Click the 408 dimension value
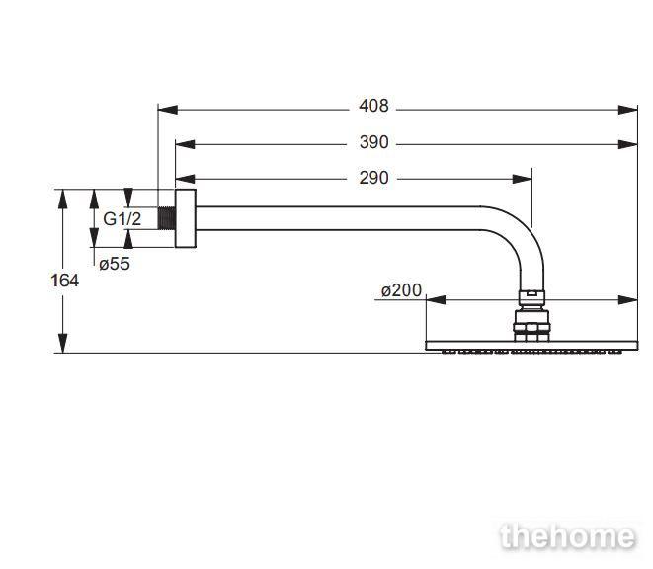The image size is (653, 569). tap(373, 106)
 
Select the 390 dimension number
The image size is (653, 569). tap(374, 142)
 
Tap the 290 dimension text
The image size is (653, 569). tap(374, 178)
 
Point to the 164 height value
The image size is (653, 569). tap(65, 281)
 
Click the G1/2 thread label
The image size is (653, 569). tap(122, 219)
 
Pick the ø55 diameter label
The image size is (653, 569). tap(115, 264)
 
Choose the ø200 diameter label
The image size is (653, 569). tap(401, 290)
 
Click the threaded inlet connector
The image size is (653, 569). tap(167, 218)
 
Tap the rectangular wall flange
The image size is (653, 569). tap(186, 218)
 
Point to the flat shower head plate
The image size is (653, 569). tap(531, 346)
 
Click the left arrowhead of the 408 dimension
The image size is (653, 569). tap(168, 110)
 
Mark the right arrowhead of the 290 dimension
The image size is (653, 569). tap(523, 179)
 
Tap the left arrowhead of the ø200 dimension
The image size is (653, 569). tap(436, 299)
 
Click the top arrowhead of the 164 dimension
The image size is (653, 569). tap(63, 199)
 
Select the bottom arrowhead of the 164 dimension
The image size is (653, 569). tap(63, 343)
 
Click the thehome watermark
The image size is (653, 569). tap(568, 537)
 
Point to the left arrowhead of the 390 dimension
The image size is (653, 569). tap(186, 144)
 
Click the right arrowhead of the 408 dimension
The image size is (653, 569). tap(628, 110)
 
